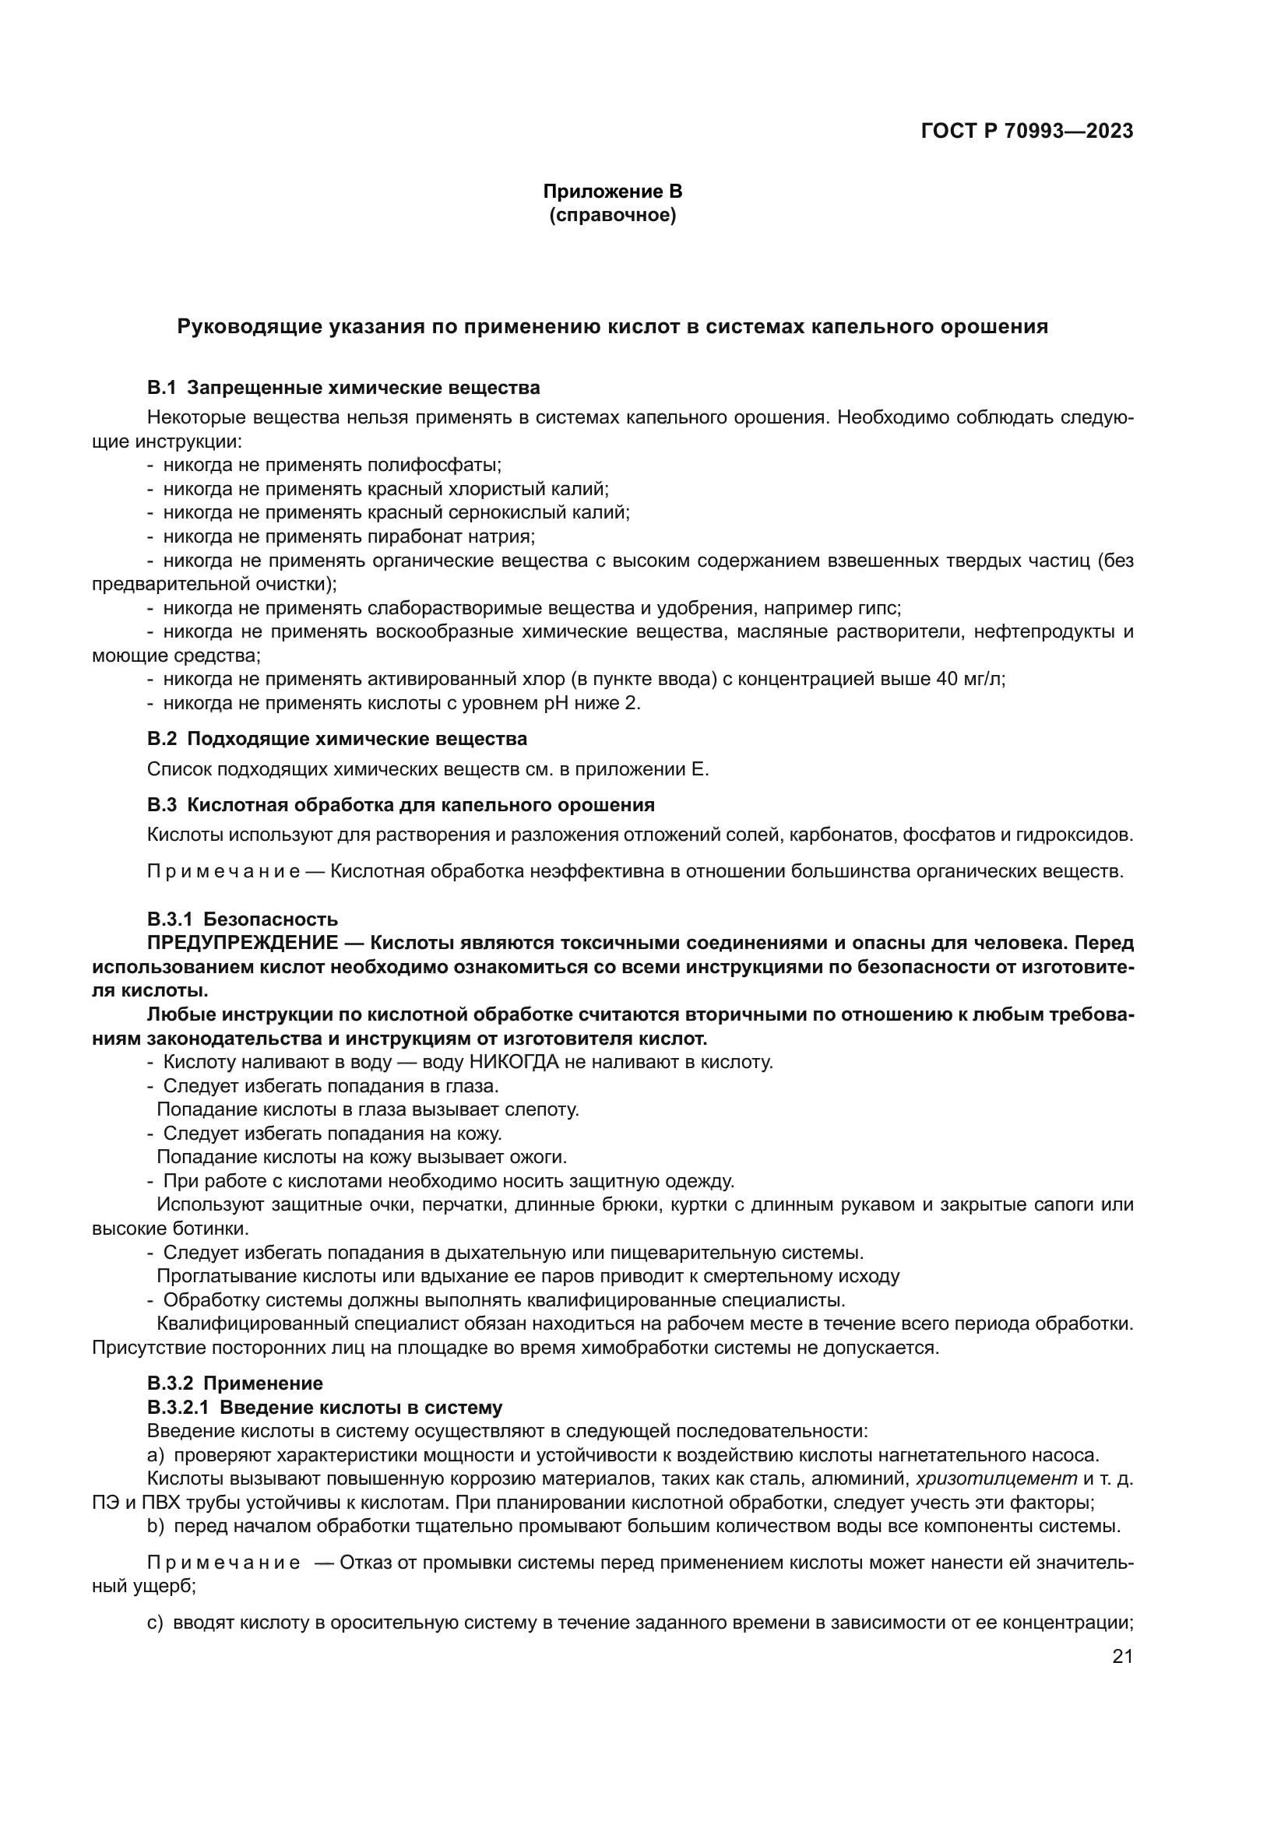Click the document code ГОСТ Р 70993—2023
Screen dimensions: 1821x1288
[x=1027, y=131]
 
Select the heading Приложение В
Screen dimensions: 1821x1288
[x=612, y=192]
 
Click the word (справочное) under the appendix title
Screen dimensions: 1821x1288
[x=612, y=215]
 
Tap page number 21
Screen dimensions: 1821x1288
[x=1122, y=1657]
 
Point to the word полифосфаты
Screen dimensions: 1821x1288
[x=434, y=465]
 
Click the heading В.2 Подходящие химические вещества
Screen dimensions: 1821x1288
[x=337, y=738]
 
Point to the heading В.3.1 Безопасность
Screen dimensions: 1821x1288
[x=242, y=919]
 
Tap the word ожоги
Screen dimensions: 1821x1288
[x=542, y=1157]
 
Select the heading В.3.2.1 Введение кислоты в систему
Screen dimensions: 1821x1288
[x=325, y=1408]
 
